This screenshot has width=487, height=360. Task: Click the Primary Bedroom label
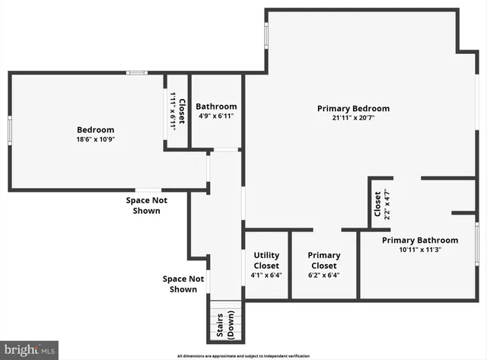[353, 108]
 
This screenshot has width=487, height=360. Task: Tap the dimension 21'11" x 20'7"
[353, 118]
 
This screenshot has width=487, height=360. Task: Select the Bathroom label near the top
[216, 107]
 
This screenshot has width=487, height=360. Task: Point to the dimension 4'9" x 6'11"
[216, 116]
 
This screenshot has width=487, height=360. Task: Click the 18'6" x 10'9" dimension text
[95, 139]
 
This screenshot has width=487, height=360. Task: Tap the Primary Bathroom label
[420, 240]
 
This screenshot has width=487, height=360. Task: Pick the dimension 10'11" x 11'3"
[420, 250]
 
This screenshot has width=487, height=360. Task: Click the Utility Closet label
[266, 260]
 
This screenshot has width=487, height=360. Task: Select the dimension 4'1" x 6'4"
[266, 276]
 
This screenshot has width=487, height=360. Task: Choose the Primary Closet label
[324, 260]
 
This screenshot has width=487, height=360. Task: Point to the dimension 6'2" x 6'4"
[324, 276]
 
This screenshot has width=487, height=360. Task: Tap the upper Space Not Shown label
[146, 205]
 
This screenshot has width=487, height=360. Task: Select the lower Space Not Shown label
[183, 284]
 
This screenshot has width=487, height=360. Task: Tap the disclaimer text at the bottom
[243, 356]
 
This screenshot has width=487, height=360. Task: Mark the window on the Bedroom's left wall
[9, 130]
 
